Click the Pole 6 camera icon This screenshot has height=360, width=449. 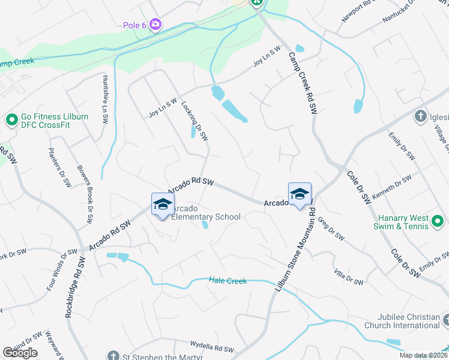(156, 24)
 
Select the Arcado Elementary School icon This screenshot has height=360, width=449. (163, 204)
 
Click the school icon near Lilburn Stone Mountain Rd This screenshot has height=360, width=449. (300, 194)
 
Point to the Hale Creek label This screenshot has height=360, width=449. (228, 280)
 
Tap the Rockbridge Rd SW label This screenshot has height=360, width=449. (74, 288)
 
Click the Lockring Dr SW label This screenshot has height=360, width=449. (194, 121)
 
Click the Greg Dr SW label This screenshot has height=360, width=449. (331, 229)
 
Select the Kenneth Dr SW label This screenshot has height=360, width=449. (391, 188)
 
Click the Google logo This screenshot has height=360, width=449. (20, 353)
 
